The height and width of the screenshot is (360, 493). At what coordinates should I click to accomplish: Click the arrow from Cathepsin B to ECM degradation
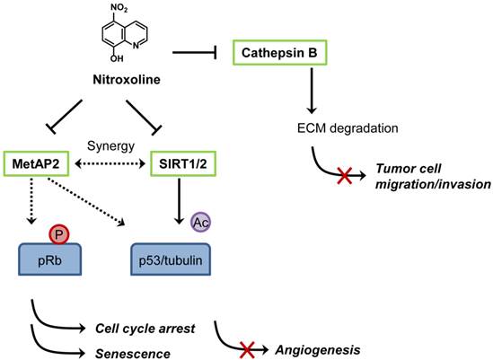pyautogui.click(x=311, y=89)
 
